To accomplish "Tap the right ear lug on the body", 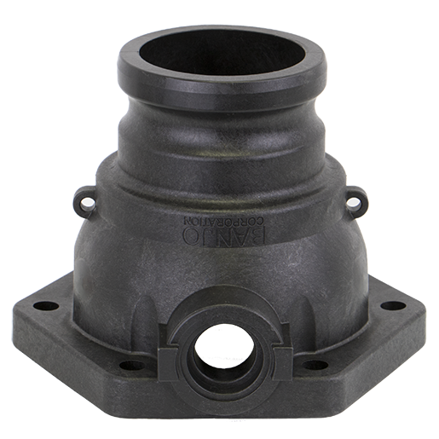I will pos(355,201).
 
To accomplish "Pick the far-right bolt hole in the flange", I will pos(393,305).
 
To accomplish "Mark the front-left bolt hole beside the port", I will pos(132,365).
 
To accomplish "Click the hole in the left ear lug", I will pos(84,203).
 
